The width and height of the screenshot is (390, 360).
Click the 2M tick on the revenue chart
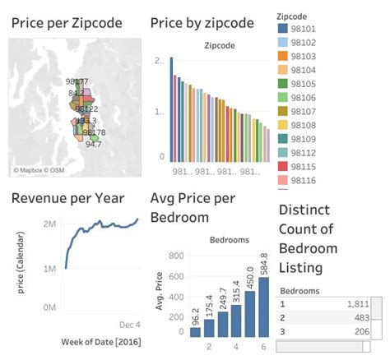point(49,224)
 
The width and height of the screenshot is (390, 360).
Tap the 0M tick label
point(49,307)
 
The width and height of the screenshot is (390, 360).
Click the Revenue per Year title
point(67,198)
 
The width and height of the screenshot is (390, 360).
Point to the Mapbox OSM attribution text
point(39,170)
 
